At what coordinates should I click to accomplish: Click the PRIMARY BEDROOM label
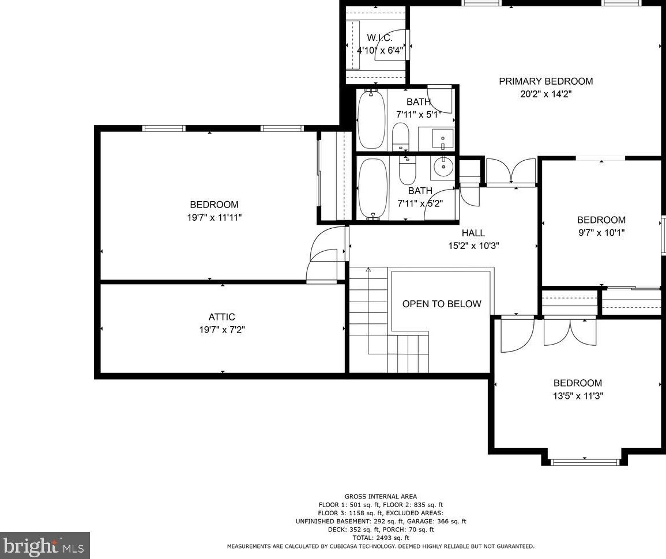tap(546, 81)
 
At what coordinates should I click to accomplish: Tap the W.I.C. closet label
tap(379, 38)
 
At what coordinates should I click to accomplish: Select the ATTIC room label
tap(222, 317)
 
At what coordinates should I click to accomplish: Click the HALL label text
tap(473, 233)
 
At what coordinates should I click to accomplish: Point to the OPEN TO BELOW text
tap(442, 304)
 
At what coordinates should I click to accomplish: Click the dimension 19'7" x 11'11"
tap(215, 218)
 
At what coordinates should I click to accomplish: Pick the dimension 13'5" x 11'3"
tap(578, 396)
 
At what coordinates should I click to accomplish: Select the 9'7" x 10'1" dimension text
tap(601, 233)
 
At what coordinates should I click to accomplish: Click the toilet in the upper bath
tap(400, 136)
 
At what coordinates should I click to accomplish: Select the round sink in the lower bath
tap(443, 166)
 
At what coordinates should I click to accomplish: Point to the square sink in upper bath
tap(443, 139)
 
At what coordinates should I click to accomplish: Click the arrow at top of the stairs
tap(368, 270)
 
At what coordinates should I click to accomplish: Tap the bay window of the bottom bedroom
tap(585, 462)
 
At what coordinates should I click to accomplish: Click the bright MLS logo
tap(44, 545)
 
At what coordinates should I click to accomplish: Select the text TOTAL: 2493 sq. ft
tap(381, 538)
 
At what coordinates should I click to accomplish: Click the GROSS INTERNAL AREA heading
tap(381, 496)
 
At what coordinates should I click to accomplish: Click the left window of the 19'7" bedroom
tap(164, 128)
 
